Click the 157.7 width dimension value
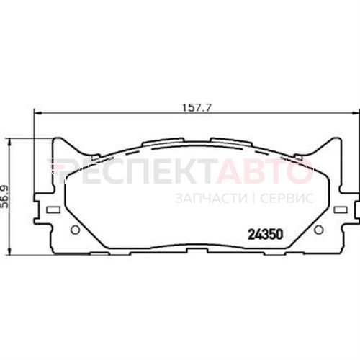coord(197,108)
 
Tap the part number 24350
coord(265,235)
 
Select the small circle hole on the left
coord(76,230)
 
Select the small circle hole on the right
coord(318,230)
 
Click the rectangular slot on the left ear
coord(53,210)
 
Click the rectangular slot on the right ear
coord(341,210)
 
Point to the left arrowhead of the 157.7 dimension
coord(38,113)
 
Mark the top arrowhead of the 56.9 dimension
coord(9,142)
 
